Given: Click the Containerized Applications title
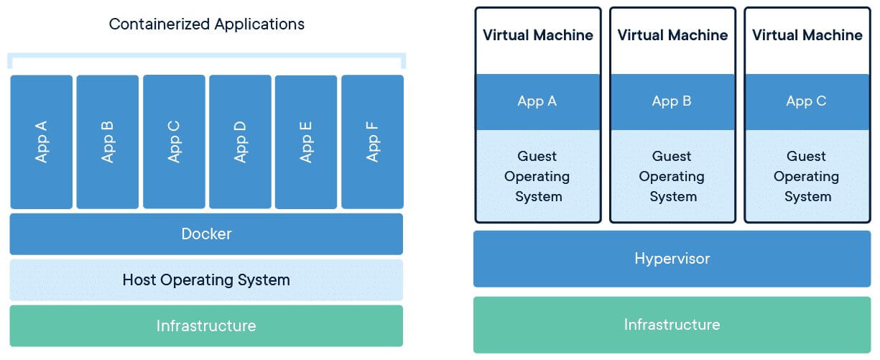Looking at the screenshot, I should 206,24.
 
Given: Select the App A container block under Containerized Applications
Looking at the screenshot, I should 41,142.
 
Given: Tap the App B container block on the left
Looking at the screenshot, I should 107,142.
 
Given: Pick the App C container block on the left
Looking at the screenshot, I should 174,142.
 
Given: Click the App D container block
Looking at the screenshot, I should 240,142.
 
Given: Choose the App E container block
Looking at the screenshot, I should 306,142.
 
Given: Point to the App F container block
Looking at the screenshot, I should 372,142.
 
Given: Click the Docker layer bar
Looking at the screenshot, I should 206,234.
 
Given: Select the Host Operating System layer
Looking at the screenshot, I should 206,280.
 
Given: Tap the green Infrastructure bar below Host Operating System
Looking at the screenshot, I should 206,326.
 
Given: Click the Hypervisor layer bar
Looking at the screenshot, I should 672,259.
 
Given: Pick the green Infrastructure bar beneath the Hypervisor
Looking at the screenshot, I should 672,325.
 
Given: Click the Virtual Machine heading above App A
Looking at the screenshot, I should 538,35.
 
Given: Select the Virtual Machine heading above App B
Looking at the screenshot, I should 672,35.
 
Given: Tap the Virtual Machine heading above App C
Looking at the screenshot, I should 807,35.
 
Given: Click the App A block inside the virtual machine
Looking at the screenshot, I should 537,101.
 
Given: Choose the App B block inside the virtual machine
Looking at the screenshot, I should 672,101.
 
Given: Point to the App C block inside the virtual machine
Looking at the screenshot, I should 806,101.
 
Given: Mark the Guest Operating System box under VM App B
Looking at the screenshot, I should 672,176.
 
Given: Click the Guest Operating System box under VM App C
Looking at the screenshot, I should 806,176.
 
